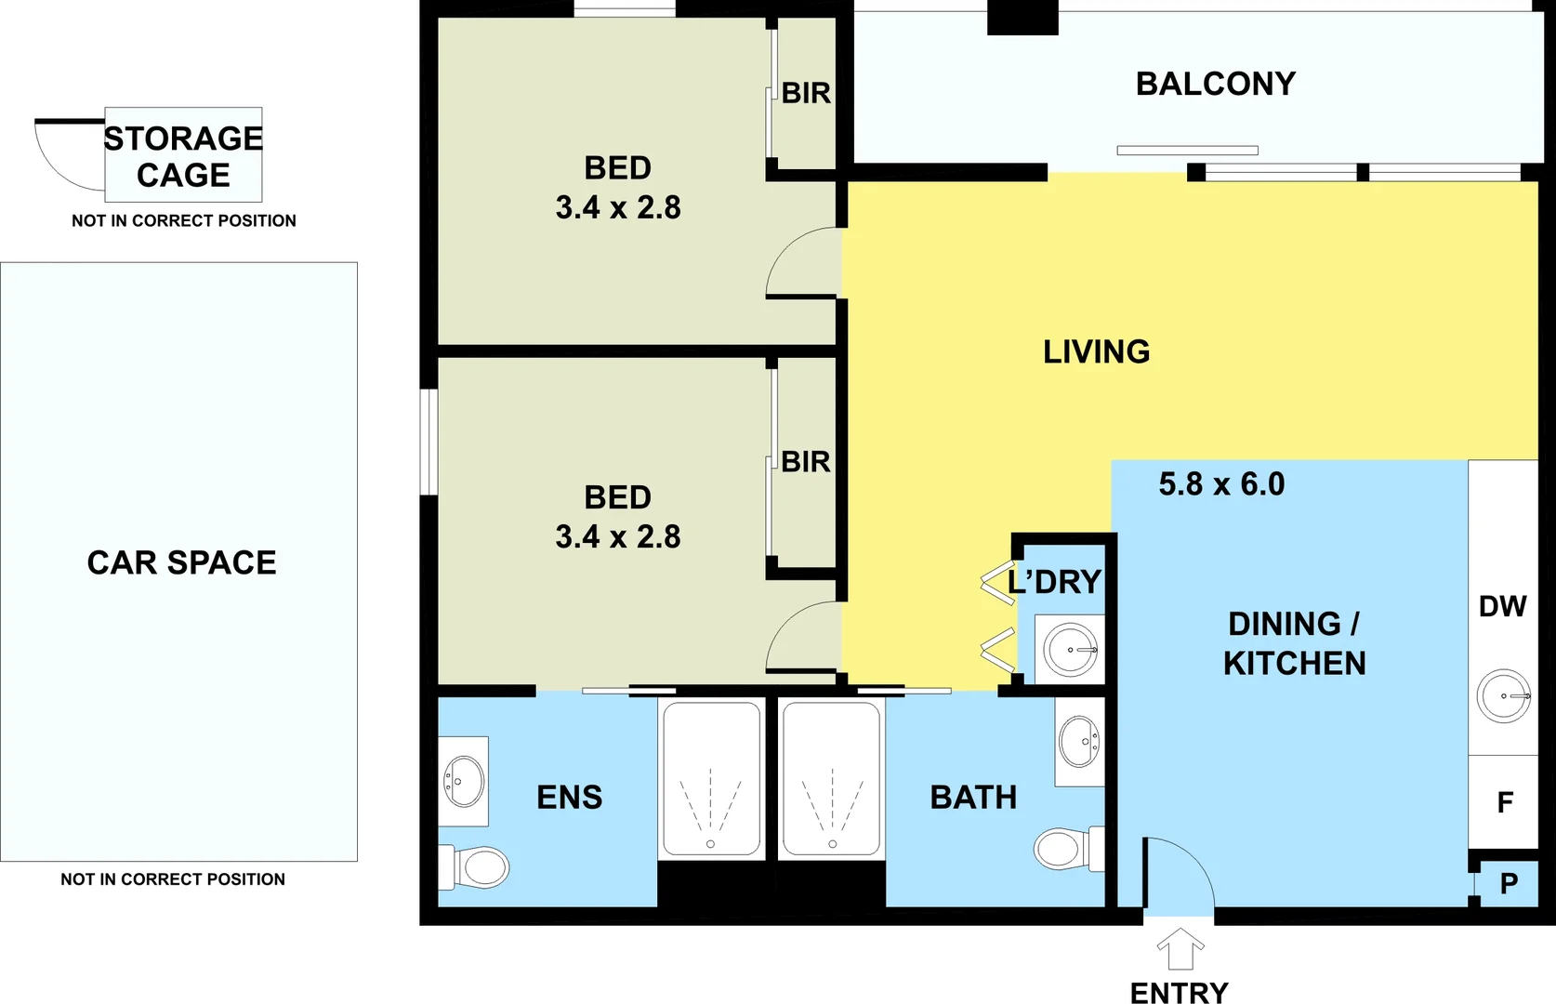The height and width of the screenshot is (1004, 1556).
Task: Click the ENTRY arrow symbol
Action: pyautogui.click(x=1180, y=949)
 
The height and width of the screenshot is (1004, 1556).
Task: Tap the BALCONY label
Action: pyautogui.click(x=1215, y=85)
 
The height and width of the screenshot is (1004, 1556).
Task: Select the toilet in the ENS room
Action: pyautogui.click(x=476, y=866)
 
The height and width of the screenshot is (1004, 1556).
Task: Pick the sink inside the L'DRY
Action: pyautogui.click(x=1070, y=649)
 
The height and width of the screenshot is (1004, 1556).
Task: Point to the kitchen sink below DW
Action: pyautogui.click(x=1503, y=695)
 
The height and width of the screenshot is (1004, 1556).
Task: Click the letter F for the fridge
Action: pyautogui.click(x=1505, y=801)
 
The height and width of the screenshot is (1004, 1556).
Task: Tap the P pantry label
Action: pyautogui.click(x=1509, y=883)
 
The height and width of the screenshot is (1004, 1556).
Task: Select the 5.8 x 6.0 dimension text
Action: pyautogui.click(x=1221, y=484)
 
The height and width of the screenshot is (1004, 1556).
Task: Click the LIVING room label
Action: pyautogui.click(x=1096, y=351)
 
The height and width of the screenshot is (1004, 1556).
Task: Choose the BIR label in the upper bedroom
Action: pyautogui.click(x=806, y=93)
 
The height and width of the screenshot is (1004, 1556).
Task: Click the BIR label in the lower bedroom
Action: pyautogui.click(x=805, y=461)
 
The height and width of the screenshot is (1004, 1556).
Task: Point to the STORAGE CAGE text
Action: pyautogui.click(x=183, y=156)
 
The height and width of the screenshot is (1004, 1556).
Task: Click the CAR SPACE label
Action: pyautogui.click(x=181, y=562)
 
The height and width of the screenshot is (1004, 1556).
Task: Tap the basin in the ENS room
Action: pyautogui.click(x=465, y=781)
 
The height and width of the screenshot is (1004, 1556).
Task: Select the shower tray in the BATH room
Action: pyautogui.click(x=831, y=779)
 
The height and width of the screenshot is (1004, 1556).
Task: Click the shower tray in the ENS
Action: pyautogui.click(x=711, y=779)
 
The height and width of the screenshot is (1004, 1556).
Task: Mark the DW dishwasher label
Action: pyautogui.click(x=1502, y=606)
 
